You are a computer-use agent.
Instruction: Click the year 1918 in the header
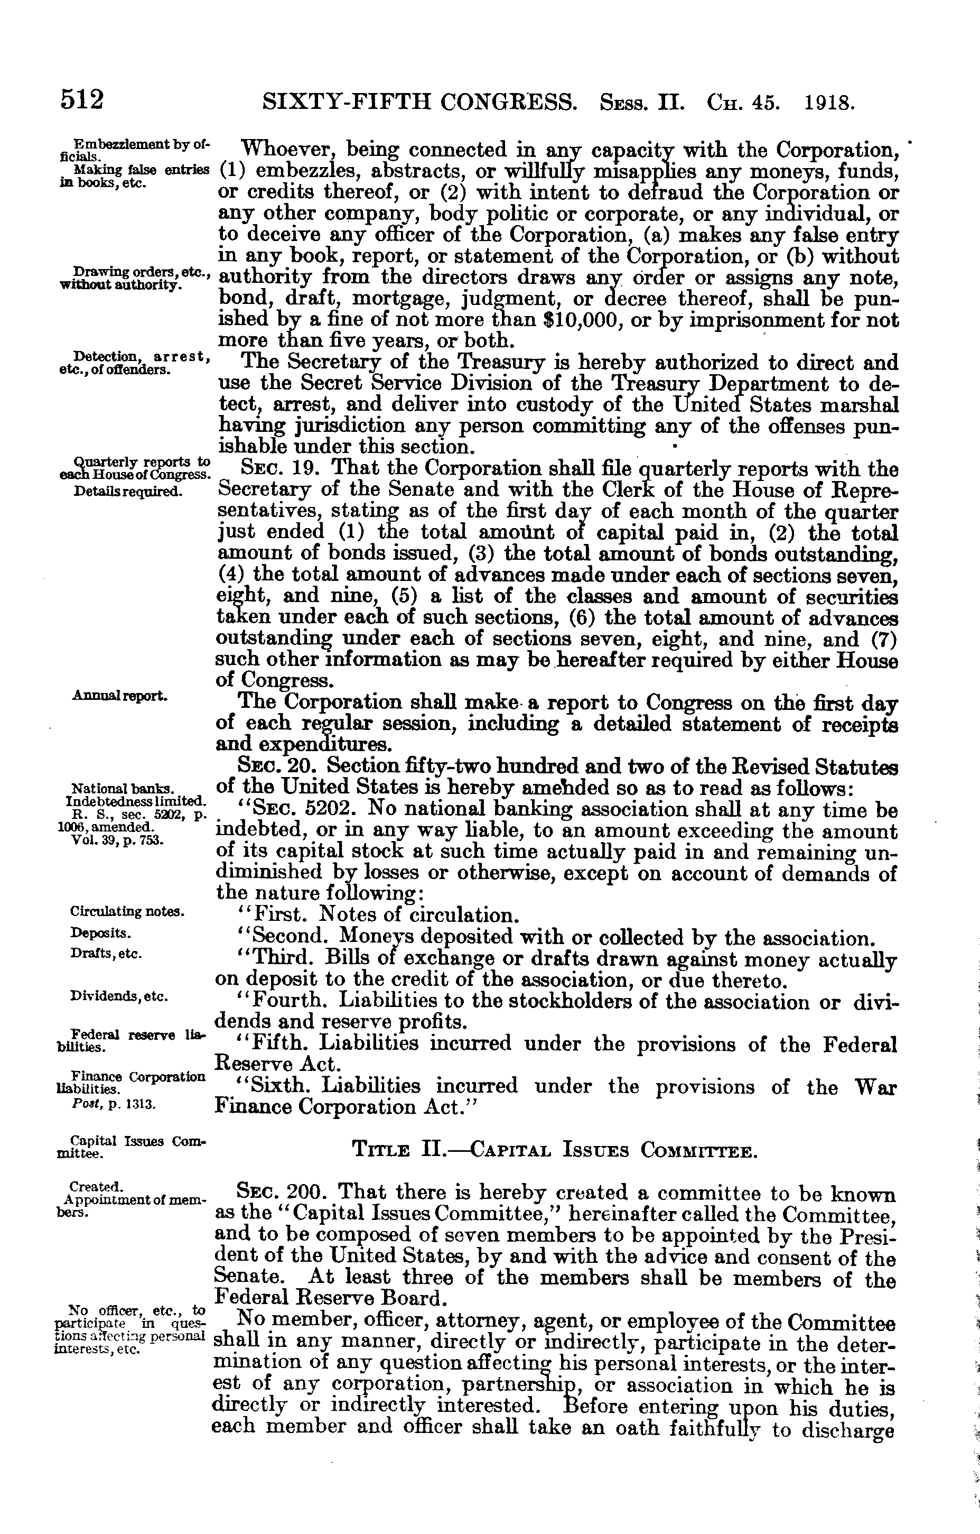tap(828, 102)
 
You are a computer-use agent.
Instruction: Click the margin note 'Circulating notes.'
tap(127, 912)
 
